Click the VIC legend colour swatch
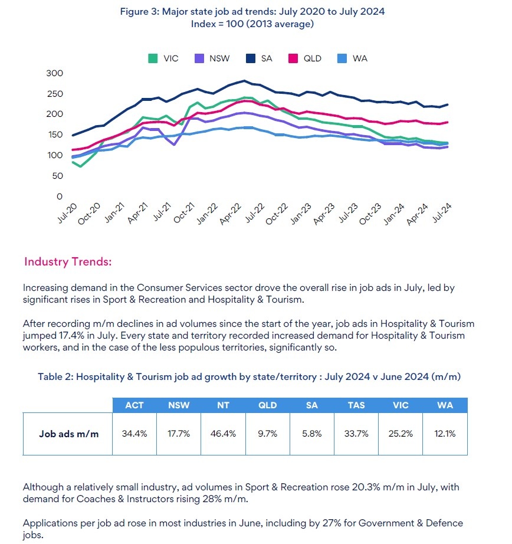[152, 58]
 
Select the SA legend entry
[259, 58]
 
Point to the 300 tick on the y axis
[54, 73]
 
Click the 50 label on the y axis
[57, 176]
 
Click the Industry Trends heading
[68, 261]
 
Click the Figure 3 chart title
[252, 12]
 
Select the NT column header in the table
[223, 405]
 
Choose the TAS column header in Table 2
[356, 405]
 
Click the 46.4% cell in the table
[223, 434]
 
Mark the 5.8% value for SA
[311, 434]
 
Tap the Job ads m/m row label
[68, 434]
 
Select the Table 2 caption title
[249, 376]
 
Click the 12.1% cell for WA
[445, 434]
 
